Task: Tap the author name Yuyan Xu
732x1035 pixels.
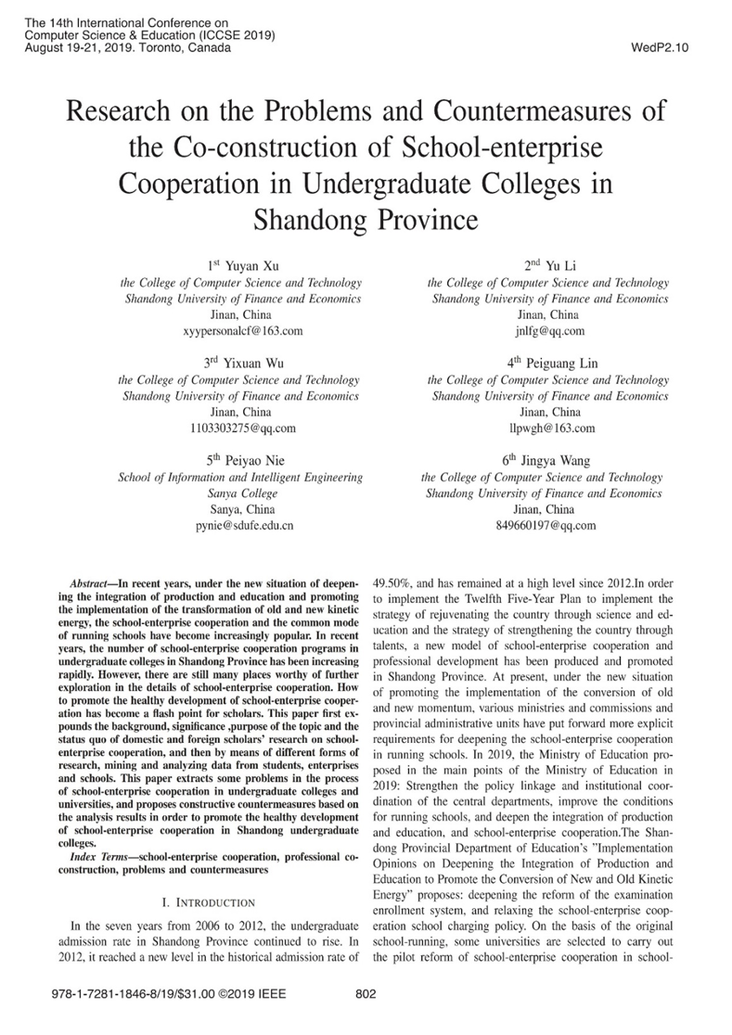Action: [x=249, y=266]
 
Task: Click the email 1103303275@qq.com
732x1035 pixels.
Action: [x=241, y=428]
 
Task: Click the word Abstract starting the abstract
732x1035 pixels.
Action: [x=93, y=577]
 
